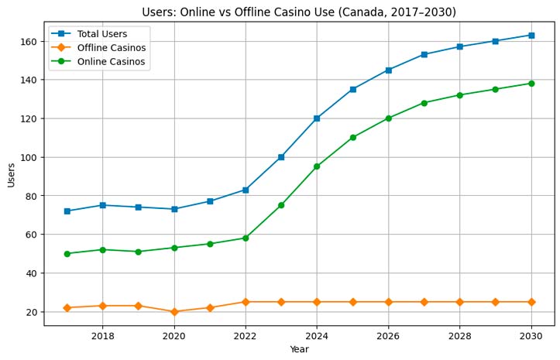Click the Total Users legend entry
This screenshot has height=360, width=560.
point(102,34)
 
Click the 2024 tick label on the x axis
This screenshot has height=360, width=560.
point(317,336)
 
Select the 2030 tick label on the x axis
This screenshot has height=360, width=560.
point(531,336)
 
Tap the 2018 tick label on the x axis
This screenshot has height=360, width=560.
point(102,336)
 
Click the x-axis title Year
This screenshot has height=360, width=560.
point(299,350)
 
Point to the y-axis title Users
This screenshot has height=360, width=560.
point(11,174)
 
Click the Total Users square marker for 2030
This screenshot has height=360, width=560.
point(531,35)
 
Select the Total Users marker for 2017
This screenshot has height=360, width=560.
point(67,211)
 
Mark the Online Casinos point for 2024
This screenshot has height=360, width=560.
point(317,166)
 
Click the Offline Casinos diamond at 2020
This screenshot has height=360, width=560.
point(174,312)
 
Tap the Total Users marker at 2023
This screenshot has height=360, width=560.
point(281,157)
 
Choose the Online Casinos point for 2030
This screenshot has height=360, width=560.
point(531,84)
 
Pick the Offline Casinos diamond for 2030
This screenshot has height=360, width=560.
point(531,302)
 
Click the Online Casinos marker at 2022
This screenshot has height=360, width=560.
point(246,238)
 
